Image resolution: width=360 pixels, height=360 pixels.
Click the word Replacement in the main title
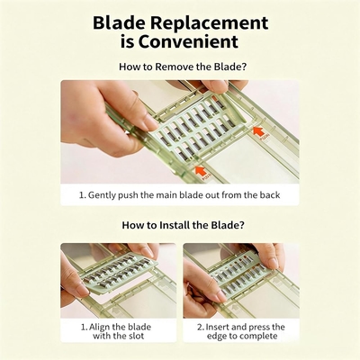point(209,23)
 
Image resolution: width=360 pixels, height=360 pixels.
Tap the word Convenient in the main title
point(188,41)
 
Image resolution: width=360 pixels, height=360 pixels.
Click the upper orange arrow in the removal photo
point(258,131)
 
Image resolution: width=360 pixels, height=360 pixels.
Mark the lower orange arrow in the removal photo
point(201,171)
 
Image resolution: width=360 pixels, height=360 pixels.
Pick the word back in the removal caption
point(270,195)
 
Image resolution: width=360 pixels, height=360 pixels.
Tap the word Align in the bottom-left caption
point(100,328)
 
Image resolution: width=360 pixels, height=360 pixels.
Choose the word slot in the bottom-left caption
point(136,336)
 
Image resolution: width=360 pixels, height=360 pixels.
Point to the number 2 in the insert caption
point(200,328)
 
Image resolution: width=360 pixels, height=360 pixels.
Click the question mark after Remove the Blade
point(244,67)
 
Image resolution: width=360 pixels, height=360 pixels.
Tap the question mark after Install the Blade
point(241,225)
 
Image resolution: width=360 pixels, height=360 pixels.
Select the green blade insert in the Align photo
point(118,274)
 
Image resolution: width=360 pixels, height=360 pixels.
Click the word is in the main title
point(127,41)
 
